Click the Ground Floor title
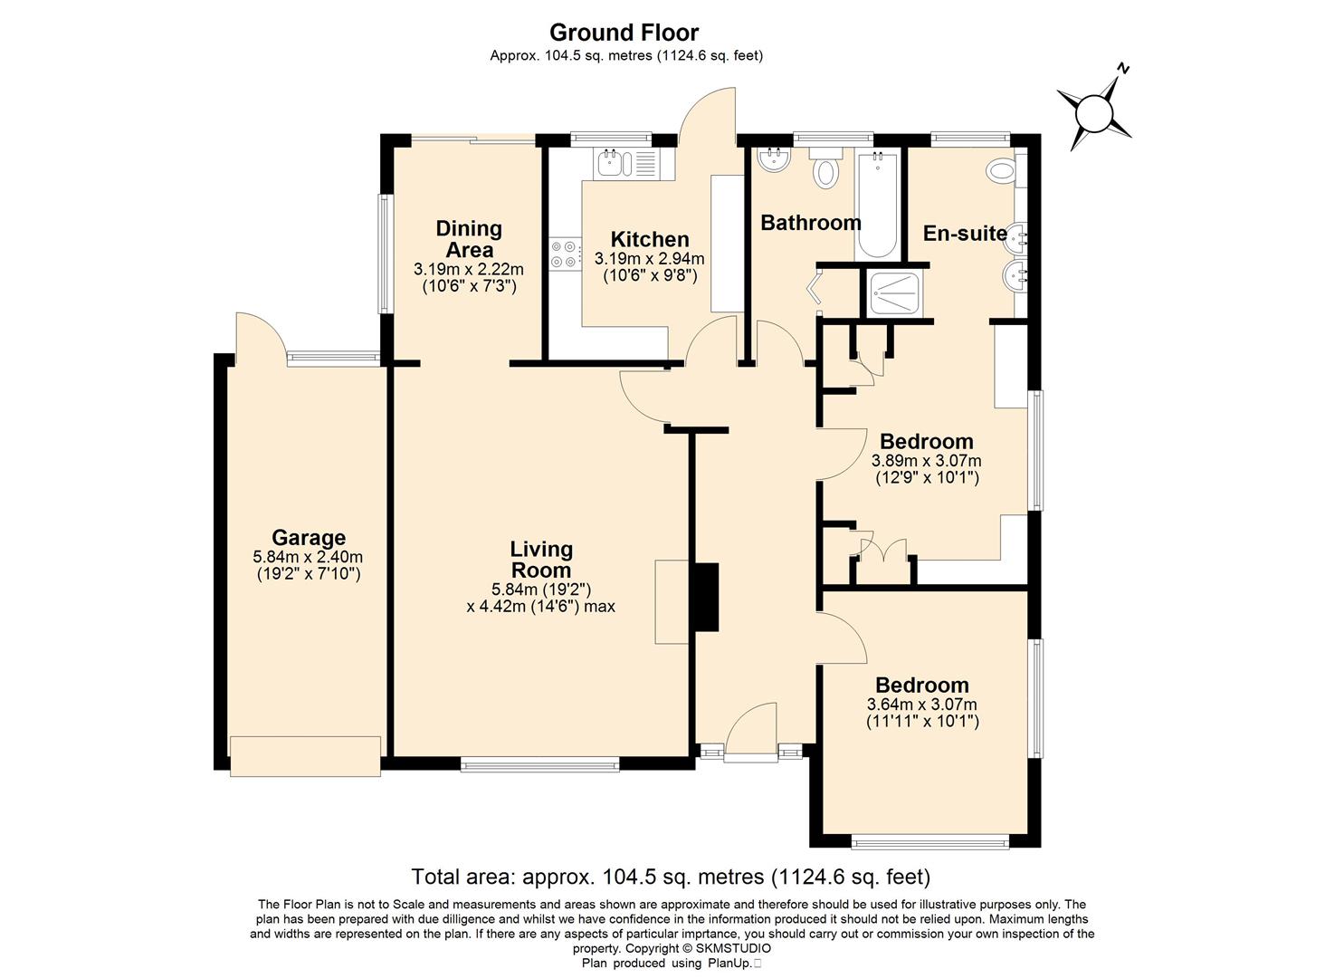[624, 33]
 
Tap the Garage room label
[309, 537]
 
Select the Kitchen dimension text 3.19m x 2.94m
[649, 259]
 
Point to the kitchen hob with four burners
[565, 254]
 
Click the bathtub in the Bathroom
[878, 205]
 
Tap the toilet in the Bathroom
[827, 168]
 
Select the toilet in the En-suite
[1005, 170]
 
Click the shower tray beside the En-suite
[895, 294]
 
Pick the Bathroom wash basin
[774, 159]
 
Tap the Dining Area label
[469, 239]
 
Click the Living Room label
[541, 560]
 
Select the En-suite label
[965, 234]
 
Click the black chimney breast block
[706, 597]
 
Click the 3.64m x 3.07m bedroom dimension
[921, 705]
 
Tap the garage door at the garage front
[305, 756]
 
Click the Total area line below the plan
[671, 877]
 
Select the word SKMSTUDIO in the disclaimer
[734, 949]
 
